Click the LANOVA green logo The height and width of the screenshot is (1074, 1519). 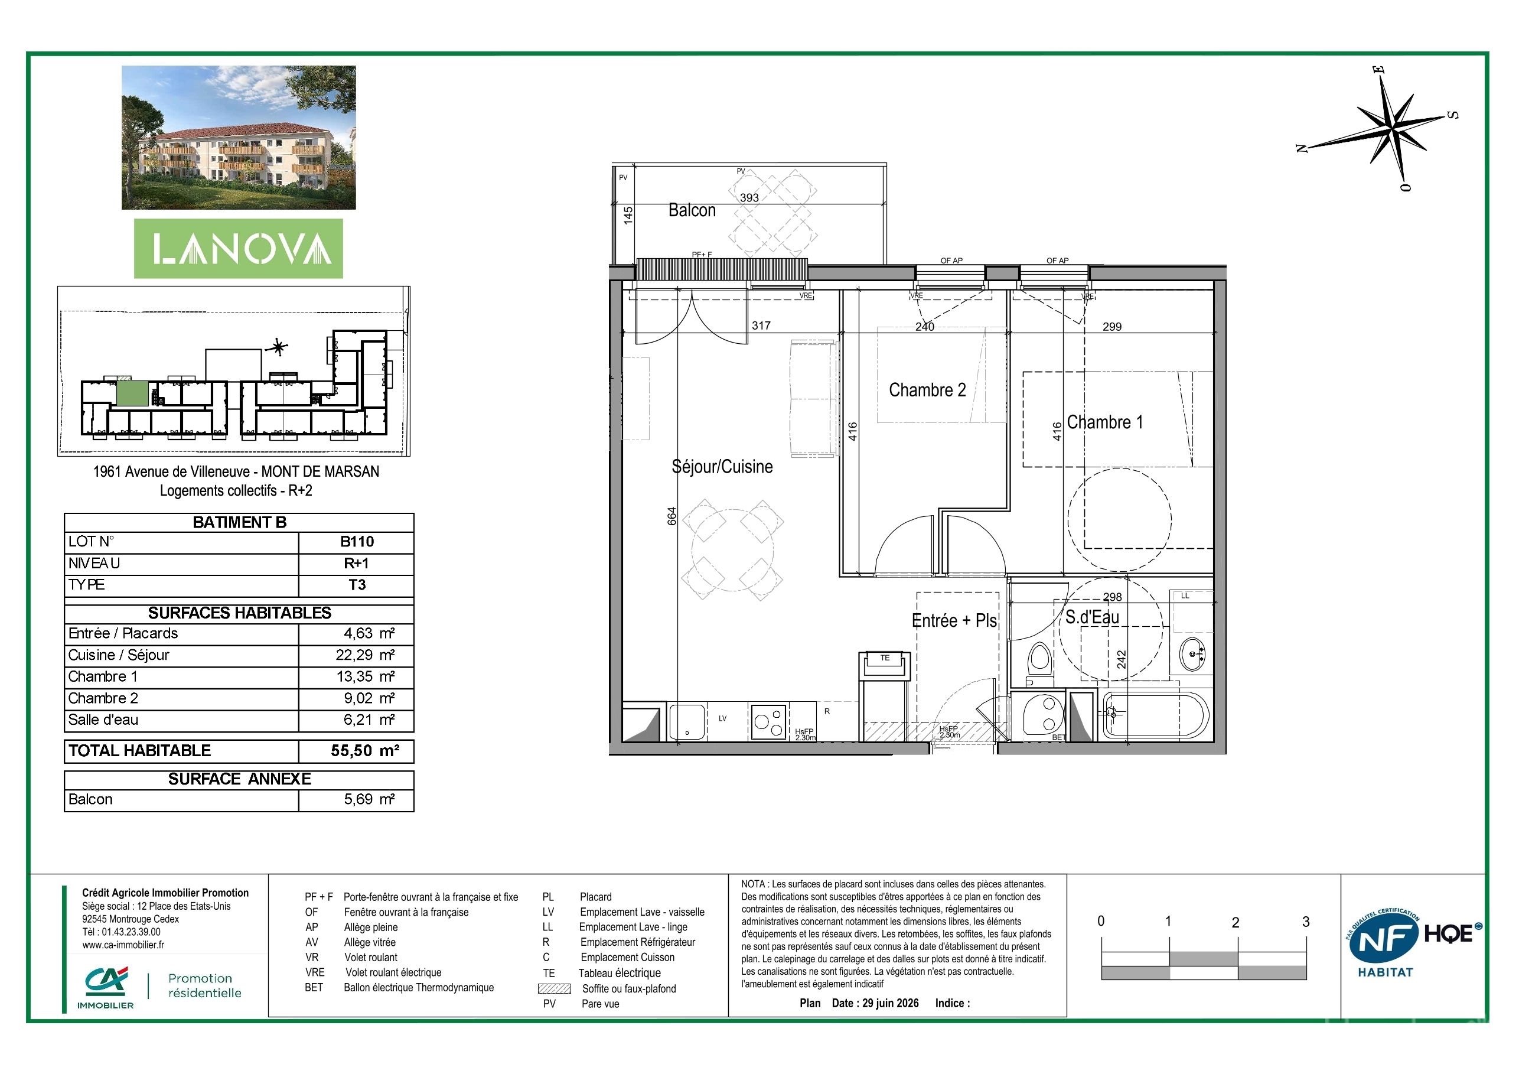click(239, 248)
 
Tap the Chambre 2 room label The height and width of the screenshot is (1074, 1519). click(927, 390)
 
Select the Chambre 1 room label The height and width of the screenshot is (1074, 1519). click(1105, 422)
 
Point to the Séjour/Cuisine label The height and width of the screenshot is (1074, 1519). click(722, 467)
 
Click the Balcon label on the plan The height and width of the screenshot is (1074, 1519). click(692, 210)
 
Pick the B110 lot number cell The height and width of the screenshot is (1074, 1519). click(357, 541)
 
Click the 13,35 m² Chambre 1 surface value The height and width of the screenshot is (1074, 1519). click(369, 676)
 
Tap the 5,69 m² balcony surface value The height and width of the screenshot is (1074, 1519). click(369, 799)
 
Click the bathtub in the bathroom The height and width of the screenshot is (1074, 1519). click(1155, 717)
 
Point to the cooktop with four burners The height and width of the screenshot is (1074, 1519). click(768, 721)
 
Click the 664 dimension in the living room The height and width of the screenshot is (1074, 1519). click(672, 516)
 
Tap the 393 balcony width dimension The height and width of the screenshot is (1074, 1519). click(749, 197)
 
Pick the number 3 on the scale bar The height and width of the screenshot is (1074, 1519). click(1305, 922)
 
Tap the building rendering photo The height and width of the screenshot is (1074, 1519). click(239, 138)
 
